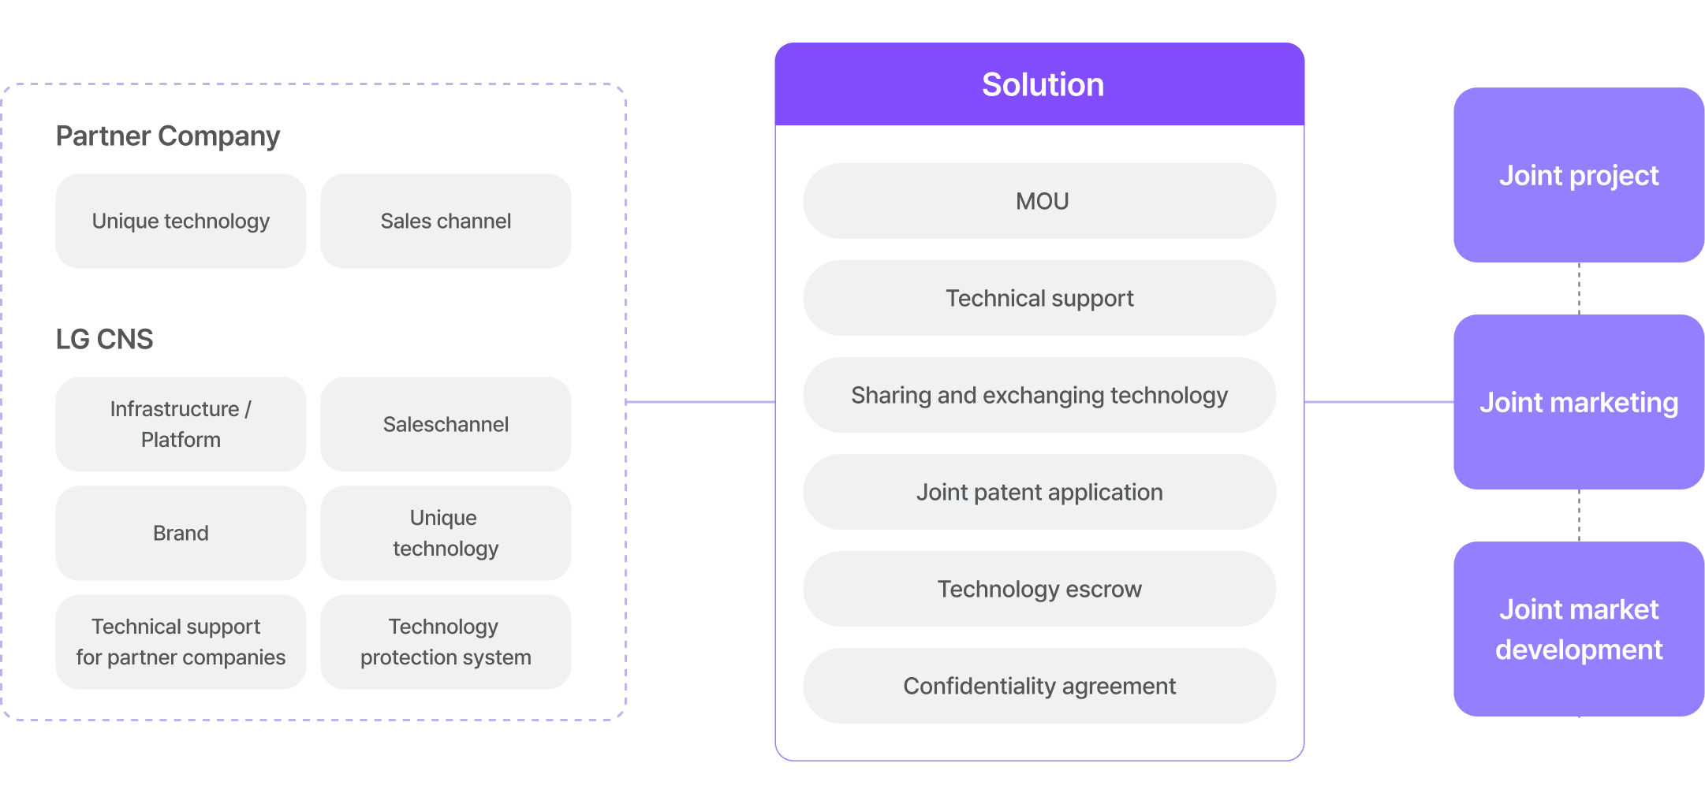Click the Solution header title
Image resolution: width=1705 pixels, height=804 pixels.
[1043, 85]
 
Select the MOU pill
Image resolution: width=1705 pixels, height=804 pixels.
[1039, 201]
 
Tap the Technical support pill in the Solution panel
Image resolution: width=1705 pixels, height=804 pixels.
[1039, 298]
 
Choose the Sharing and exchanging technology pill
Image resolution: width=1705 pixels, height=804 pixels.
[1039, 395]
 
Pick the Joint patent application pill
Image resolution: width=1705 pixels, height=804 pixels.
[1039, 492]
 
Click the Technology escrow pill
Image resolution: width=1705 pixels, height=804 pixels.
[1039, 589]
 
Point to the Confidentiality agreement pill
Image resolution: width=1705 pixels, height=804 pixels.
[1039, 686]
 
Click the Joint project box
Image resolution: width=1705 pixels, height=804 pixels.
[1579, 175]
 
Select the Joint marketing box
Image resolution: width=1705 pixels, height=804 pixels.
[1579, 402]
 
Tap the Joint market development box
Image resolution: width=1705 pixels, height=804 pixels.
[1579, 629]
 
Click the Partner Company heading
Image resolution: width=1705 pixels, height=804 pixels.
[168, 136]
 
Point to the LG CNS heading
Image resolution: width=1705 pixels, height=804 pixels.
[104, 339]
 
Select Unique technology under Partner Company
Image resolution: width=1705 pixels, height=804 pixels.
[181, 221]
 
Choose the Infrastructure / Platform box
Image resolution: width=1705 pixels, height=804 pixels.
[181, 424]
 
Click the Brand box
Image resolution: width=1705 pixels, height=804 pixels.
[181, 533]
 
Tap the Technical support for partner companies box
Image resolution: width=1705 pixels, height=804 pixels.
[181, 642]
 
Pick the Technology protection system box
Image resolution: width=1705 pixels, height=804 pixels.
[446, 642]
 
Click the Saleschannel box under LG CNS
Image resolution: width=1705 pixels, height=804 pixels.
[446, 424]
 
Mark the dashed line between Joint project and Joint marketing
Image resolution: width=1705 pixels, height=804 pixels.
[1579, 288]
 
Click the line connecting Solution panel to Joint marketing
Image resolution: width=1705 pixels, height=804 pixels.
[1379, 402]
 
